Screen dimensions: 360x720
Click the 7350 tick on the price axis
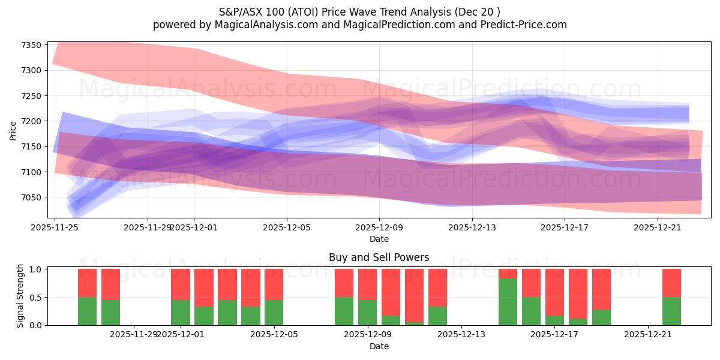[31, 45]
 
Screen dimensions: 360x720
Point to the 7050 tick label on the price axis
[31, 197]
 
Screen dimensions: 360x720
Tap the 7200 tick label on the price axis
[31, 121]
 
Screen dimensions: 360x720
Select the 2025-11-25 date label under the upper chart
[55, 227]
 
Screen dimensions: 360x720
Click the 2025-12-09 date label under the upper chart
[379, 227]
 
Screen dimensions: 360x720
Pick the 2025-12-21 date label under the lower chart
[649, 334]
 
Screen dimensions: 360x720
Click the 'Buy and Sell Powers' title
[379, 258]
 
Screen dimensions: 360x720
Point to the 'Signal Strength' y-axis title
[20, 296]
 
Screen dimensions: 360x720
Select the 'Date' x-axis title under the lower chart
[379, 346]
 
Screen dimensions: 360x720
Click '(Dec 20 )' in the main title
[477, 11]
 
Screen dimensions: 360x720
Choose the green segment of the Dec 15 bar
[508, 301]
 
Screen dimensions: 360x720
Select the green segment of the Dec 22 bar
[671, 311]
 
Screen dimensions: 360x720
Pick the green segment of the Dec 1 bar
[181, 312]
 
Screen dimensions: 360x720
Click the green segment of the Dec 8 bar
[344, 311]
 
